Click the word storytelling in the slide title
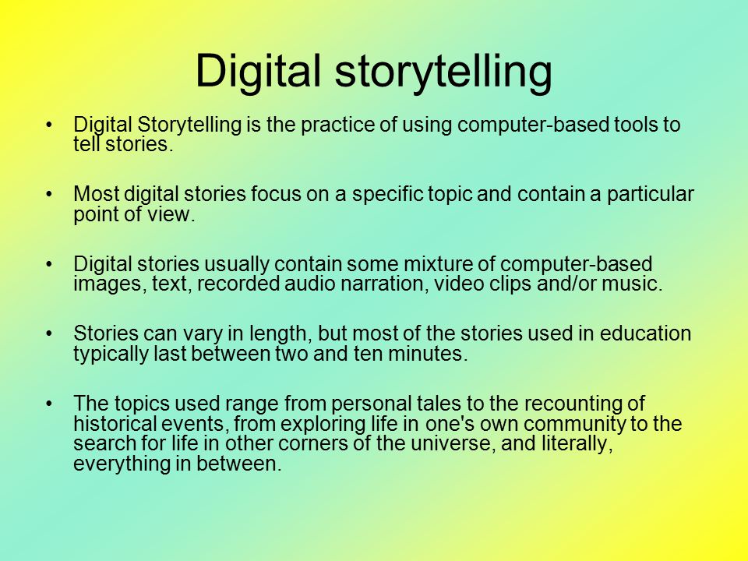click(443, 72)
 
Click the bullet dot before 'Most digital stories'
click(48, 194)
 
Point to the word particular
click(650, 195)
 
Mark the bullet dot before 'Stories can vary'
click(48, 333)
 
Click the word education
click(645, 333)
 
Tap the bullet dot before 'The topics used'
click(48, 404)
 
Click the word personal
click(371, 404)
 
